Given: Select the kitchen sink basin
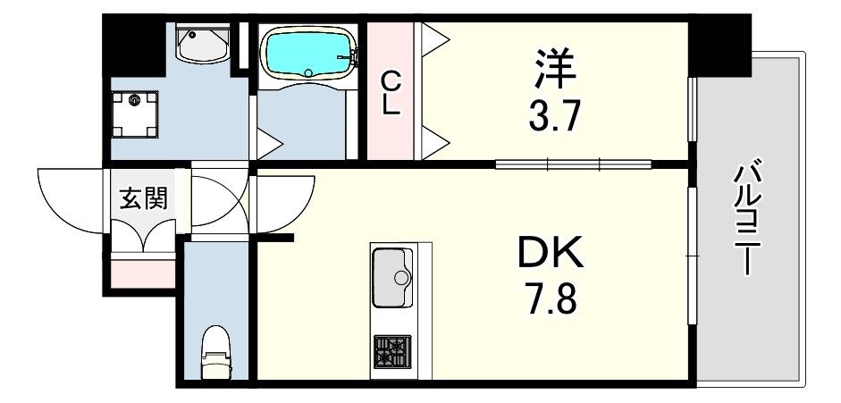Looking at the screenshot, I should click(392, 278).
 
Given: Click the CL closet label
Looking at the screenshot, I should click(391, 92).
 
